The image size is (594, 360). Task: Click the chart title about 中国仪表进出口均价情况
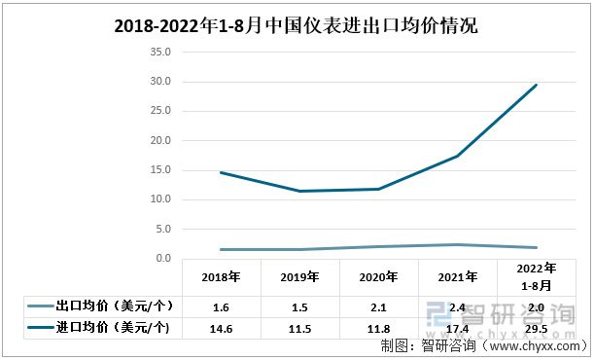click(x=297, y=26)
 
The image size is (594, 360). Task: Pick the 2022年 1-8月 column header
click(x=536, y=276)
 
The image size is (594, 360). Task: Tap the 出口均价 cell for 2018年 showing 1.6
click(x=221, y=306)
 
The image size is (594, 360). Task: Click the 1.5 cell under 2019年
click(x=299, y=306)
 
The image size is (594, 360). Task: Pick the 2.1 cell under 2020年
click(x=378, y=306)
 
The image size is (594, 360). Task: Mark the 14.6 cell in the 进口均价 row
click(x=221, y=328)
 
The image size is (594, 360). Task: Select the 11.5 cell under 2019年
click(x=299, y=328)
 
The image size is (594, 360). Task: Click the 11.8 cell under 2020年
click(x=378, y=328)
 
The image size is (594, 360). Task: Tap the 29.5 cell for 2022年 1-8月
click(x=536, y=328)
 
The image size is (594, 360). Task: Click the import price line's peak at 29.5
click(x=536, y=85)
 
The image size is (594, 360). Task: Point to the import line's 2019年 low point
click(x=299, y=191)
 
